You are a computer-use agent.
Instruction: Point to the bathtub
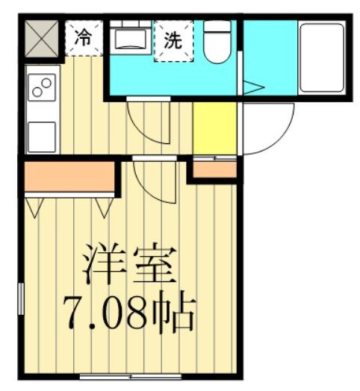(x=321, y=57)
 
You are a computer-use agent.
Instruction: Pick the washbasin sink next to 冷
(x=132, y=38)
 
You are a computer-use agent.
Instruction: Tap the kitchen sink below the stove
(x=41, y=137)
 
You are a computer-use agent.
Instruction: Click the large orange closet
(x=69, y=176)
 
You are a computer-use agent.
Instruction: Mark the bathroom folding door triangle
(x=251, y=87)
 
